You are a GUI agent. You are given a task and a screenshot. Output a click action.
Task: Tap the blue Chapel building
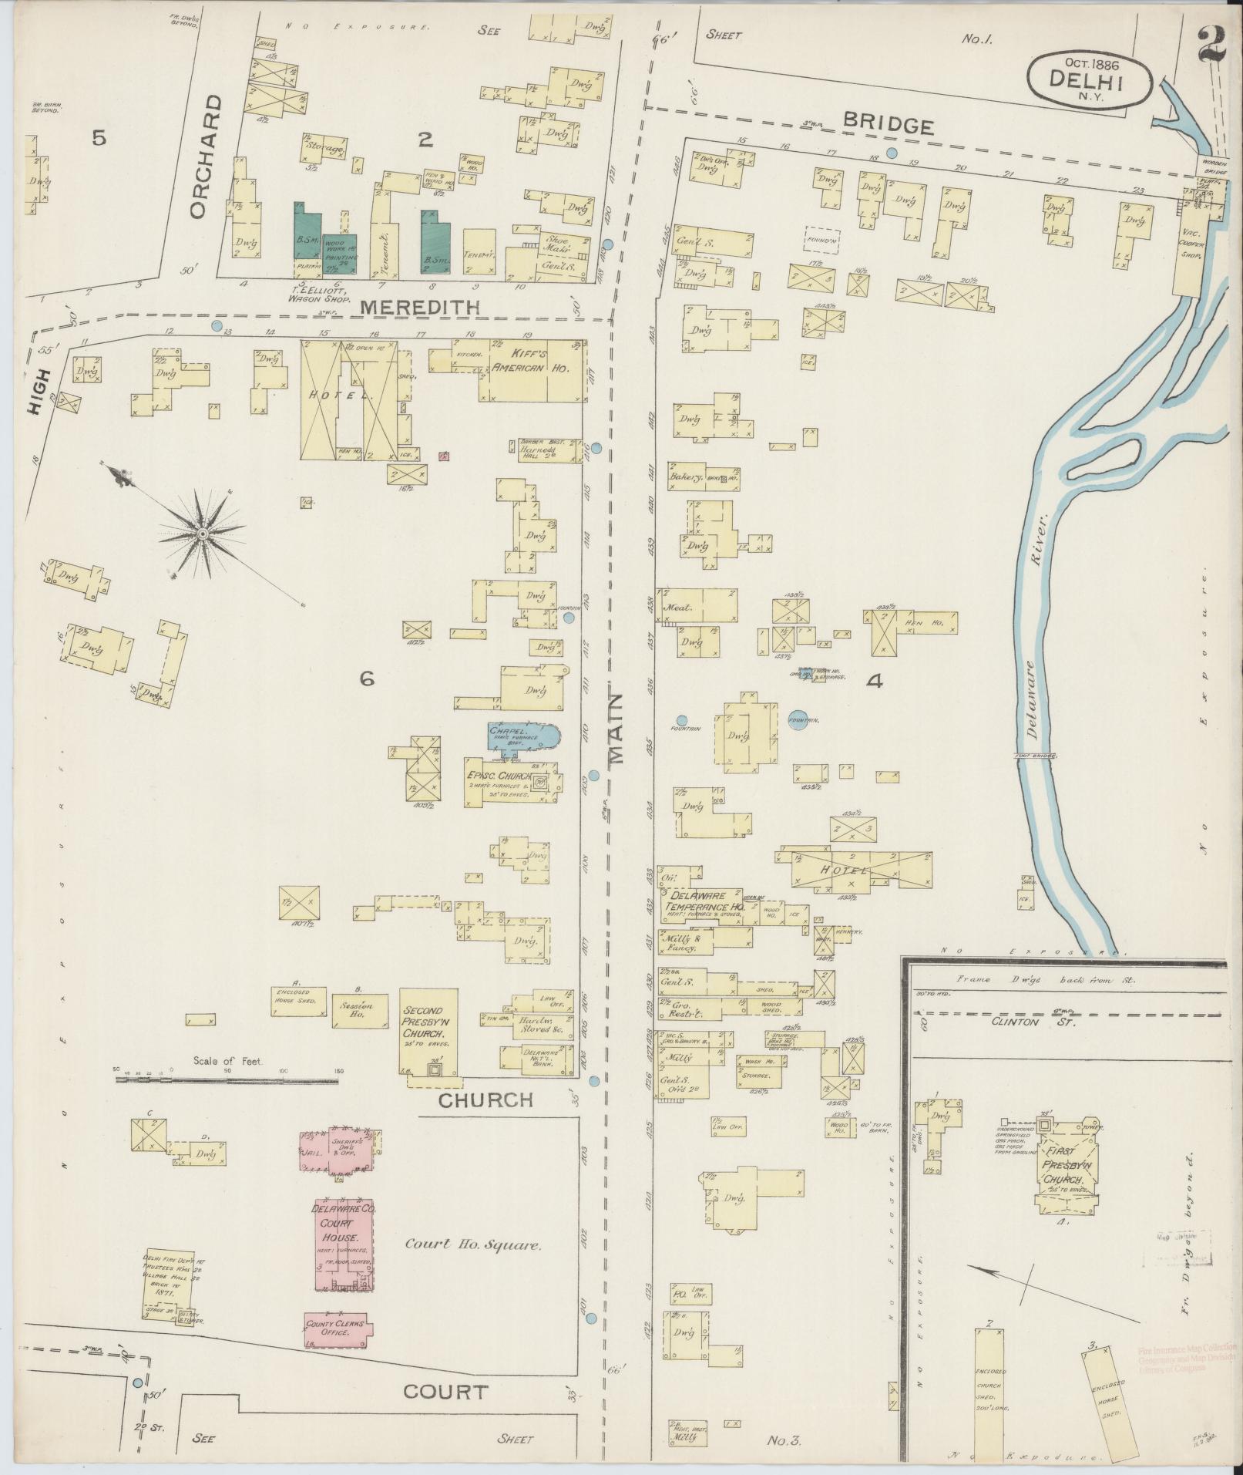(521, 737)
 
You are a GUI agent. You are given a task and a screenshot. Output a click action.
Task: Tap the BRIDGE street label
(888, 126)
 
